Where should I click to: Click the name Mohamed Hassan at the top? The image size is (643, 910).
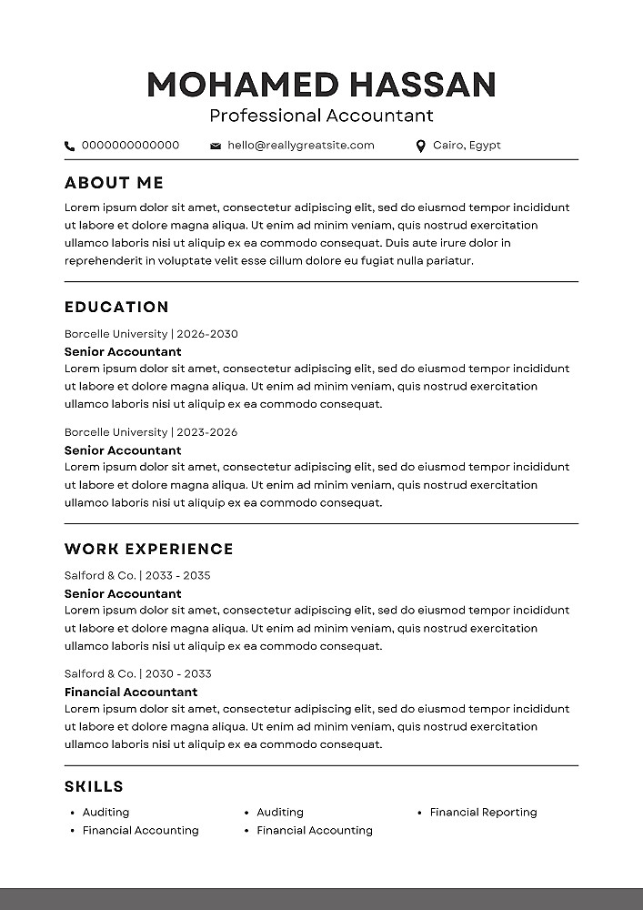321,85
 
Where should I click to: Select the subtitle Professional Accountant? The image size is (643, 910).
321,116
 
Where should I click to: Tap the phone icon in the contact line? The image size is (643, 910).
70,146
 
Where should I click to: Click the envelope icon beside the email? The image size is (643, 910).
216,146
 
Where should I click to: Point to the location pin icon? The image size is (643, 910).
420,146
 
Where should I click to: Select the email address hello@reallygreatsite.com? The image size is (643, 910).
301,145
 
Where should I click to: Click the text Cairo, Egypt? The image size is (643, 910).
467,145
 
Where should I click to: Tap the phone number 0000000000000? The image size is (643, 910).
130,145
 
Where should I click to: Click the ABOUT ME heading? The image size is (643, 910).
115,183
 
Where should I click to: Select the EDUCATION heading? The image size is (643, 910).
117,307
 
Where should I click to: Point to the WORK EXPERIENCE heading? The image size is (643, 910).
149,549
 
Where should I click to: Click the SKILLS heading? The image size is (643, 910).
94,786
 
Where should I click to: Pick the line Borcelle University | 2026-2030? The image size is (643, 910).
151,334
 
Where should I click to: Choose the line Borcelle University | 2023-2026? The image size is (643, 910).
151,432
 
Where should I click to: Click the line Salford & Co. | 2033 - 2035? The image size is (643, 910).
137,575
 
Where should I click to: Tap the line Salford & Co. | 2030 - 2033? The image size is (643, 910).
137,673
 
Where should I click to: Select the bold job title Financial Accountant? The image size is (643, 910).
131,692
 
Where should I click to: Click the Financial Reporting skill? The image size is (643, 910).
483,812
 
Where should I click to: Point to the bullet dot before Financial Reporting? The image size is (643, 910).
420,813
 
